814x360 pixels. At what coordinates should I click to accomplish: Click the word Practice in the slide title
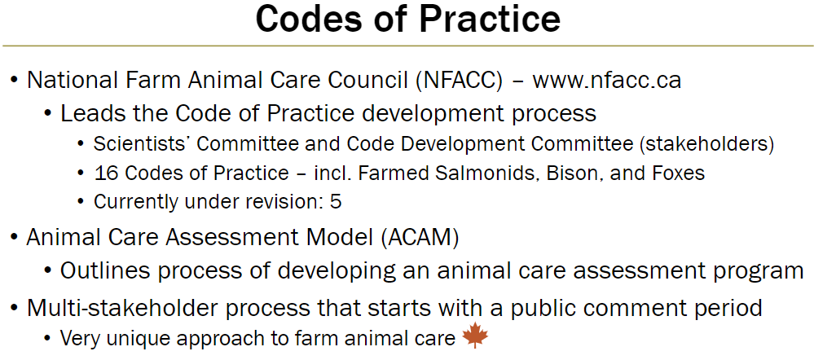click(486, 20)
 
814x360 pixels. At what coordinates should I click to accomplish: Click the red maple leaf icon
click(474, 336)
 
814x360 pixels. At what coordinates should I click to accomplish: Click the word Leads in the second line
click(85, 113)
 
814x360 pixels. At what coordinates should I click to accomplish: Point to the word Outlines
click(101, 270)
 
